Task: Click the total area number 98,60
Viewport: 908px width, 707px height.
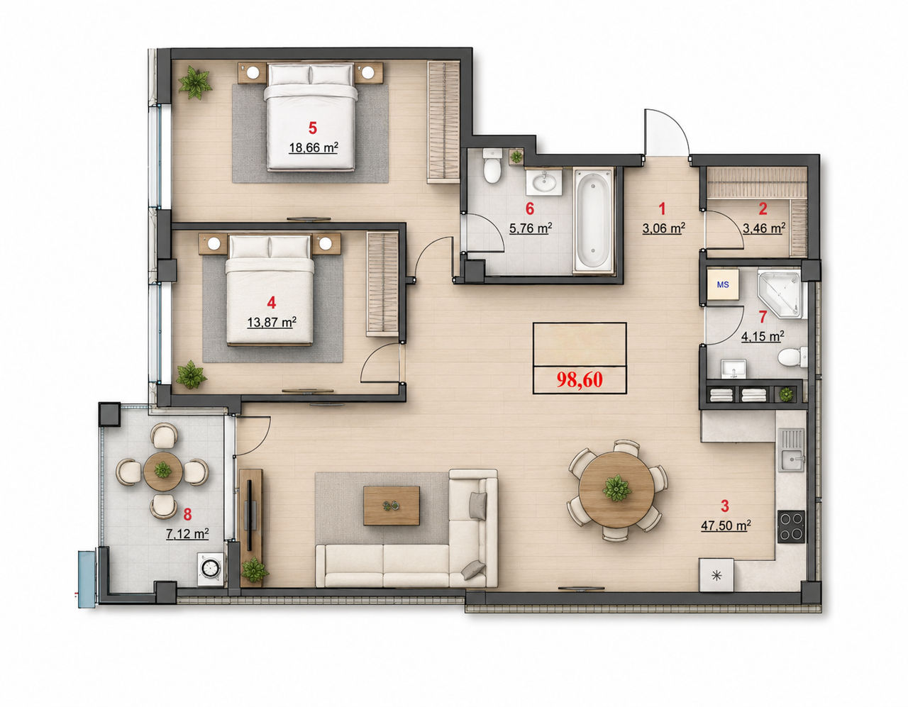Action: click(x=580, y=379)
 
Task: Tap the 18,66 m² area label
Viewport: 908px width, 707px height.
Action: click(x=313, y=147)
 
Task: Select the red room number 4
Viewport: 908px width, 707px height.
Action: click(x=272, y=303)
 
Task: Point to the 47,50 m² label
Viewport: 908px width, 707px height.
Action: click(x=726, y=525)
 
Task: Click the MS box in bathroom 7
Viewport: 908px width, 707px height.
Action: click(x=723, y=284)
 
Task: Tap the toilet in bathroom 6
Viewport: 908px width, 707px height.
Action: click(x=492, y=165)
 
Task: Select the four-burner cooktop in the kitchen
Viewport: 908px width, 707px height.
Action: click(x=791, y=527)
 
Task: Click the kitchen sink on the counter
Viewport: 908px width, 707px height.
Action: click(x=790, y=450)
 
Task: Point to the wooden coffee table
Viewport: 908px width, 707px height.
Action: click(x=392, y=506)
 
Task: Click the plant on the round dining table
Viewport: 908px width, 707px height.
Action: click(x=616, y=488)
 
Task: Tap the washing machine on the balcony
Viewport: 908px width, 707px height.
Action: click(x=210, y=569)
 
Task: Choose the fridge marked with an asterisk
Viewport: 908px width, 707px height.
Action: click(x=716, y=575)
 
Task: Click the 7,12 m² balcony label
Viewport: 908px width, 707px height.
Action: click(x=187, y=533)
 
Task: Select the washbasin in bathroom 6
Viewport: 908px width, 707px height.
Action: click(x=543, y=182)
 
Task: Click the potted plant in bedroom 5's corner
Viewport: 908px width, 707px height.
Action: click(x=194, y=82)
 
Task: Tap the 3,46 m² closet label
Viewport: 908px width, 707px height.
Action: click(x=764, y=228)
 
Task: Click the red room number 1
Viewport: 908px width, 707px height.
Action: click(x=662, y=208)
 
